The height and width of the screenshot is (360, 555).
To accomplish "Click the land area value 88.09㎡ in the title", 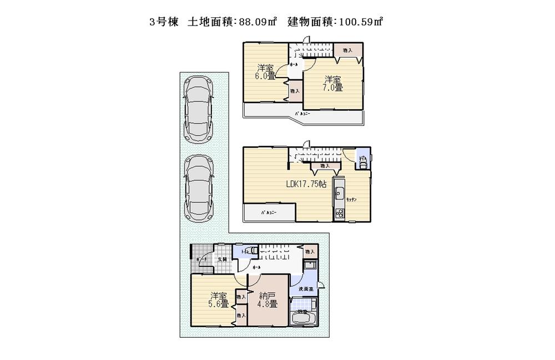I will [262, 22].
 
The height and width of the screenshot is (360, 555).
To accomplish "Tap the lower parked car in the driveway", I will [198, 185].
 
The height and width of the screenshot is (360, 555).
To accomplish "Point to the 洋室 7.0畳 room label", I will [333, 83].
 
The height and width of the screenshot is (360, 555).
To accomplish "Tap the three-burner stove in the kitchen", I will [339, 214].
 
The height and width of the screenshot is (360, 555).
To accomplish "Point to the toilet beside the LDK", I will [363, 160].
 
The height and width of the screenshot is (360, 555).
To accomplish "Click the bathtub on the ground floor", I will [303, 319].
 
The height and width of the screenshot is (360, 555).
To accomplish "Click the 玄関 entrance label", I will [221, 260].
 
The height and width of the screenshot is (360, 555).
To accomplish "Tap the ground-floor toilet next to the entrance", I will [250, 251].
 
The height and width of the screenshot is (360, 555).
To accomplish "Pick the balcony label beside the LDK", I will [269, 212].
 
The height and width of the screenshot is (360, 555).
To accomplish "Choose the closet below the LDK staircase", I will [324, 165].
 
